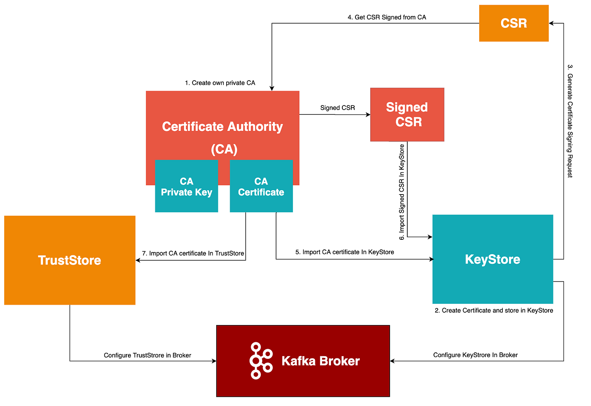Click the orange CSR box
point(514,23)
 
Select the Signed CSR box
point(407,114)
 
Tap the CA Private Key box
point(187,186)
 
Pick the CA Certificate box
point(261,186)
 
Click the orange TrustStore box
point(70,260)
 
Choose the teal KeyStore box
point(493,259)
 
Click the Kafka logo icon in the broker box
point(261,360)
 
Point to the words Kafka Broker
point(320,361)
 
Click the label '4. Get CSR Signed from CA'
point(387,17)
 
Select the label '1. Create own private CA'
point(220,83)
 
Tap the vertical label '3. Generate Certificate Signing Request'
point(570,121)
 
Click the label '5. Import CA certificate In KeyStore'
point(344,252)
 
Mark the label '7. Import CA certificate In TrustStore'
point(193,254)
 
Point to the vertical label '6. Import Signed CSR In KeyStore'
point(401,192)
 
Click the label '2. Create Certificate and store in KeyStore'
point(493,311)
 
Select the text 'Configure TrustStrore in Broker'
point(147,355)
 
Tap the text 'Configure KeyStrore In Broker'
point(475,355)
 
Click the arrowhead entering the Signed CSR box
point(368,114)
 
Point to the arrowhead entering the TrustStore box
point(138,260)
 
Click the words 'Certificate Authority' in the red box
point(222,127)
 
